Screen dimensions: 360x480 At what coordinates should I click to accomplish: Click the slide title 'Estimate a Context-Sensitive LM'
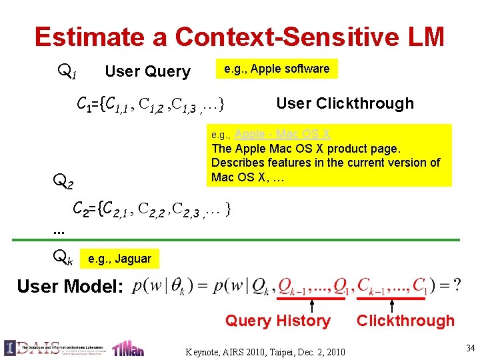pos(239,37)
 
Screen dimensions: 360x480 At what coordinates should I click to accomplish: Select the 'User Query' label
pos(148,71)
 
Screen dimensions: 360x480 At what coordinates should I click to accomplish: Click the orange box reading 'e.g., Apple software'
pos(276,69)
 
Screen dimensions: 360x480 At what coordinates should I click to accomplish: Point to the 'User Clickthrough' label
pos(345,103)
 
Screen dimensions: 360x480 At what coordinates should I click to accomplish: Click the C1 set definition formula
pos(151,104)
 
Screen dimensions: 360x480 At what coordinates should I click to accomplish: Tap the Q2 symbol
pos(63,180)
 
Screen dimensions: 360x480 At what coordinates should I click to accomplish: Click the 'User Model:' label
pos(70,287)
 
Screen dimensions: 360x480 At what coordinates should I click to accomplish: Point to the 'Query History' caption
pos(277,321)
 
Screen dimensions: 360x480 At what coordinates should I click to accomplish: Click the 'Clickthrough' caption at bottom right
pos(405,321)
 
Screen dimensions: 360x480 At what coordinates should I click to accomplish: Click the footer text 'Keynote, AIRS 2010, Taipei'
pos(265,351)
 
